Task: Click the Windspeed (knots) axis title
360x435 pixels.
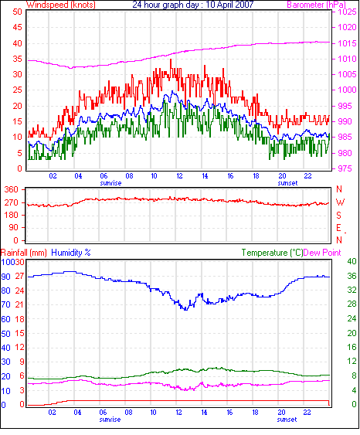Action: click(61, 5)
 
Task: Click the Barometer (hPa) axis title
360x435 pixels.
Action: click(317, 5)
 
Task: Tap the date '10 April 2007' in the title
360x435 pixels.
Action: click(229, 5)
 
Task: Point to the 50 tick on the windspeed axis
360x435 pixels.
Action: click(18, 12)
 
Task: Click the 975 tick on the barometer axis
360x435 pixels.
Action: click(344, 168)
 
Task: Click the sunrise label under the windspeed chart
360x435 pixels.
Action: click(110, 183)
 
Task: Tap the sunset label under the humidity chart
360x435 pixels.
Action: click(287, 420)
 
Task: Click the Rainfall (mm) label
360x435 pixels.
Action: click(24, 253)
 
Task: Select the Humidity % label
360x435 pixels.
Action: click(71, 253)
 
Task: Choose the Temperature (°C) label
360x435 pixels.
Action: click(272, 253)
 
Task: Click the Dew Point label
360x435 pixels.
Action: click(322, 253)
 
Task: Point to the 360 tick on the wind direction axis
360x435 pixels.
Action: click(12, 190)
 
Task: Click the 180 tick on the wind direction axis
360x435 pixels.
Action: click(12, 216)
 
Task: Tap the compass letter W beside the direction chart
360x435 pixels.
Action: click(340, 202)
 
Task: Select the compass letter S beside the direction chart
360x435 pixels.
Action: click(338, 216)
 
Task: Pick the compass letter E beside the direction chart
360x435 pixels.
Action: click(338, 228)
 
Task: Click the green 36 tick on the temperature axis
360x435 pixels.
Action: click(352, 276)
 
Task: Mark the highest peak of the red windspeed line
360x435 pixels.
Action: click(171, 59)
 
